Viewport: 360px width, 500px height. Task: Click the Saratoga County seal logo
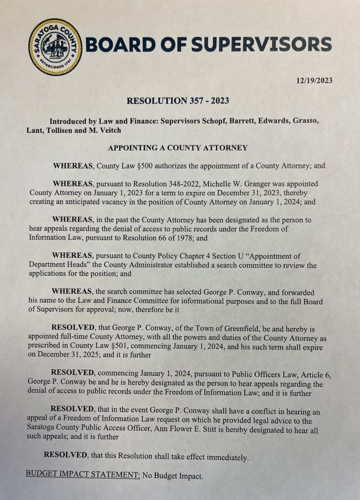click(55, 47)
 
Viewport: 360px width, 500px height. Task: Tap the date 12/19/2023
click(315, 80)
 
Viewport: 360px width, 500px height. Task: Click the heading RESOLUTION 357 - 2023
click(178, 101)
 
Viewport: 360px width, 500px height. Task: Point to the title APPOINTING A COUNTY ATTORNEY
click(178, 147)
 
